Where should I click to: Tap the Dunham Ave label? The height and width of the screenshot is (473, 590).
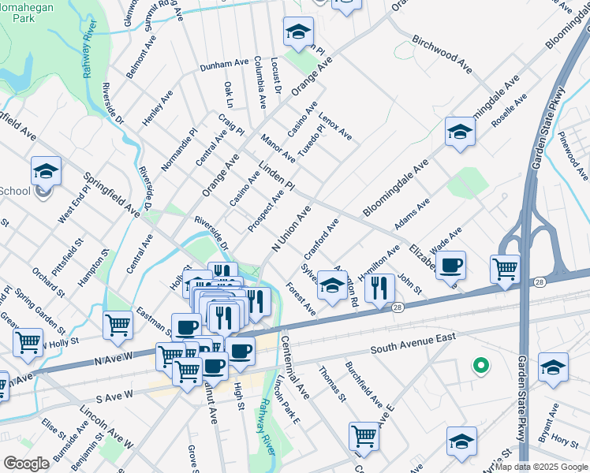coord(224,65)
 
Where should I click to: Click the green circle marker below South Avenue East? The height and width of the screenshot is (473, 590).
coord(479,365)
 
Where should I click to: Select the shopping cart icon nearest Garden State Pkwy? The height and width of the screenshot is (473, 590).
coord(505,268)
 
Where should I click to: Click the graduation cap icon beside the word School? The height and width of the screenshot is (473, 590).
coord(47,171)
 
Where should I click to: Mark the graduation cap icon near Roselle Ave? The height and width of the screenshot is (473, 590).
coord(460,131)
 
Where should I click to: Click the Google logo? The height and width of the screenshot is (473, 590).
coord(26,464)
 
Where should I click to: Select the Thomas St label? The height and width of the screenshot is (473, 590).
coord(332,382)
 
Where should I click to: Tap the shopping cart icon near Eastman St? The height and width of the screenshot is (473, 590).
coord(118,323)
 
